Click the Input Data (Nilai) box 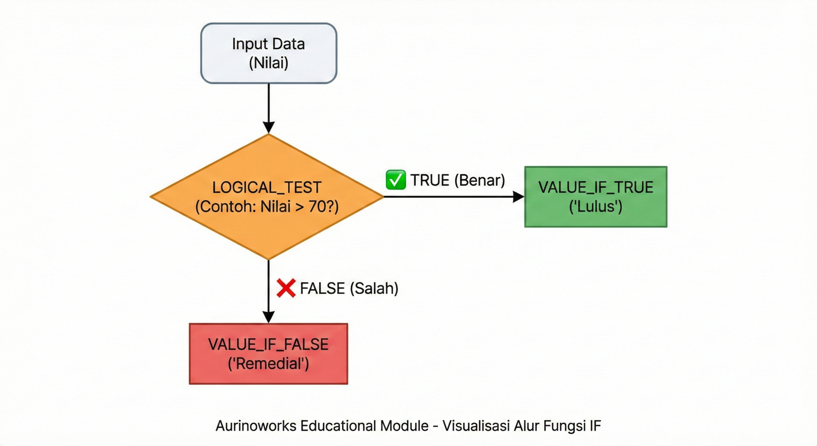tap(269, 53)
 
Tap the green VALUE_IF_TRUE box tap(595, 197)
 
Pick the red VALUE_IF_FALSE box tap(268, 354)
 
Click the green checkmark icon tap(396, 180)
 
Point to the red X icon tap(286, 288)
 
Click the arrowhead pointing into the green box tap(518, 197)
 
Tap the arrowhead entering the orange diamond tap(269, 127)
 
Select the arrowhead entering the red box tap(269, 317)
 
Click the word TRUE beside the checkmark tap(430, 180)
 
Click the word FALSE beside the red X tap(322, 289)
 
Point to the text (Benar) tap(479, 180)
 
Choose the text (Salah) tap(374, 289)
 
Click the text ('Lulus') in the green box tap(595, 206)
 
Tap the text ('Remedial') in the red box tap(268, 364)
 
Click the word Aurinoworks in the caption tap(256, 426)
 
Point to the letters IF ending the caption tap(595, 426)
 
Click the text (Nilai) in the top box tap(269, 63)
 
